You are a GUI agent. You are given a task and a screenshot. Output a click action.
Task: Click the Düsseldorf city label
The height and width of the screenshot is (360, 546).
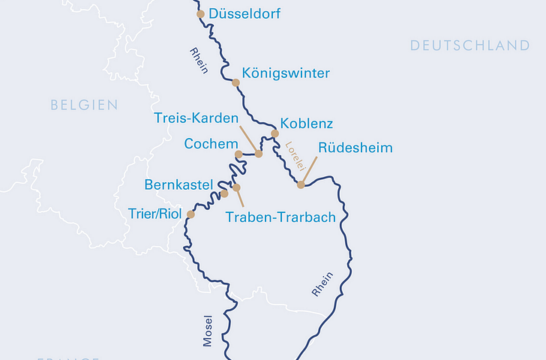coord(246,14)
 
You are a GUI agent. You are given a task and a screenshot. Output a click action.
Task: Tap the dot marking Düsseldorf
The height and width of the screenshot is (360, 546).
coord(200,14)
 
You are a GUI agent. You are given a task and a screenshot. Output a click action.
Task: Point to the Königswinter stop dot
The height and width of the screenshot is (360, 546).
coord(235,82)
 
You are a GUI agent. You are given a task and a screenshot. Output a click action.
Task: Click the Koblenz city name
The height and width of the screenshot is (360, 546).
coord(306,124)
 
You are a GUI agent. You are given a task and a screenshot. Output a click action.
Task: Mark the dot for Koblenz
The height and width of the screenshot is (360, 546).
coord(274,133)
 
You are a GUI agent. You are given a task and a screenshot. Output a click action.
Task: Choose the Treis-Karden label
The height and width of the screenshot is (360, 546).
coord(196,118)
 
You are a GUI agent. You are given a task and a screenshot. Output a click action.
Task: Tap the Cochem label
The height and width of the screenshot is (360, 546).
coord(211,142)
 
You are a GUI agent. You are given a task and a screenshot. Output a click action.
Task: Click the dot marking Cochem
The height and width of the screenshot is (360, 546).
coord(238,154)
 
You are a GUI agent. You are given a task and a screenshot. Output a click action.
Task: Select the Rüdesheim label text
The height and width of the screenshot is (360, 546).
coord(355,148)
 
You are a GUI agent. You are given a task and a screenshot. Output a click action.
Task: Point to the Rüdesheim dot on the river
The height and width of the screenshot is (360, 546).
coord(301,184)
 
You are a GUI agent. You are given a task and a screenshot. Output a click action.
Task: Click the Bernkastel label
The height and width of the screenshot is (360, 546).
coord(178,184)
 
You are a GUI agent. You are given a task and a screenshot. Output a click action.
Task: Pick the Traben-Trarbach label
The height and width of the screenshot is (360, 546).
coord(280,217)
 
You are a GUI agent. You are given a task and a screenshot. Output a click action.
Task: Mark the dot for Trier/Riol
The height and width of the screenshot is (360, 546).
coord(190,214)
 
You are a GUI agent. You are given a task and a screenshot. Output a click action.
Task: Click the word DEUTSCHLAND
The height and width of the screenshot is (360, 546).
coord(469,46)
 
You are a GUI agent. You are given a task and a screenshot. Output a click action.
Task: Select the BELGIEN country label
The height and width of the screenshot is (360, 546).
coord(84,105)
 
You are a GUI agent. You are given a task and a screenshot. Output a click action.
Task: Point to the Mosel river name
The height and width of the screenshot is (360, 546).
coord(208,330)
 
